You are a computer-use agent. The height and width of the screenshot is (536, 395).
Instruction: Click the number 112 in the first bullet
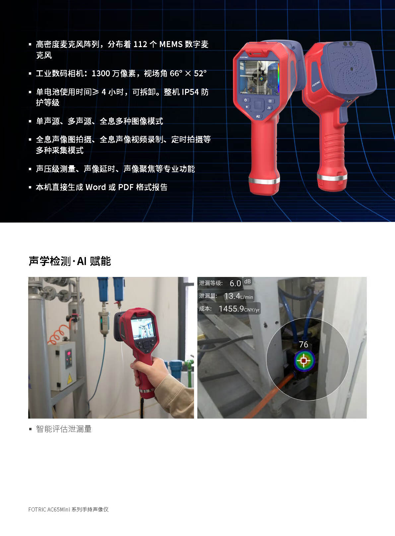[140, 44]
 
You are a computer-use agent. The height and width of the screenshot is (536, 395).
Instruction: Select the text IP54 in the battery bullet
[190, 92]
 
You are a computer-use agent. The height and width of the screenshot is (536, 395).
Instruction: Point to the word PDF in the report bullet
[126, 187]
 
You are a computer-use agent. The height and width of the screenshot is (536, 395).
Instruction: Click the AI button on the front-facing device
[258, 116]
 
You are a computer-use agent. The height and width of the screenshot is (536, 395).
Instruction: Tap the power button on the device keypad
[245, 100]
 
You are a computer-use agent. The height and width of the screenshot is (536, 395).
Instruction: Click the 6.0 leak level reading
[235, 284]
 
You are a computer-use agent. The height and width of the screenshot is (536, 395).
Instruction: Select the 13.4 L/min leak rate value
[238, 296]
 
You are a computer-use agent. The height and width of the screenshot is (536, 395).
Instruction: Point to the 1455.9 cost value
[239, 309]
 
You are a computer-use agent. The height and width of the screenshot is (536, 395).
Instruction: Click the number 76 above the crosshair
[303, 345]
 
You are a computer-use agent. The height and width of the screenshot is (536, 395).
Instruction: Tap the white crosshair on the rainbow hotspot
[303, 360]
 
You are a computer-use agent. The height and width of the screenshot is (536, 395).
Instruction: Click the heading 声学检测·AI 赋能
[70, 261]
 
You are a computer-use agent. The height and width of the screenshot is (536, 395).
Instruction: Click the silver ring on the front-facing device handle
[264, 180]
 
